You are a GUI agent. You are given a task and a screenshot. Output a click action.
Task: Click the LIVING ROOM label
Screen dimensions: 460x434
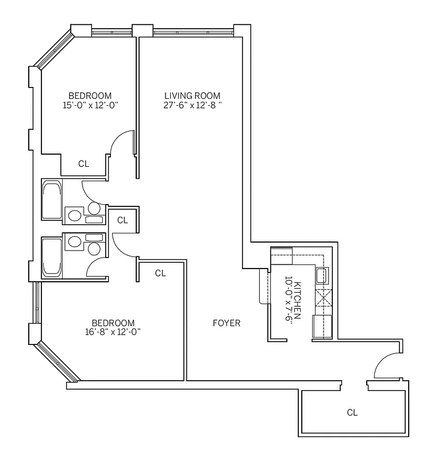click(192, 95)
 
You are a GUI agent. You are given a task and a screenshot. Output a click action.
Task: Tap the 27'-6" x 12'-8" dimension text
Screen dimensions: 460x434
click(192, 105)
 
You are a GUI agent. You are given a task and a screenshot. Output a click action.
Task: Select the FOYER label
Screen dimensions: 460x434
click(226, 323)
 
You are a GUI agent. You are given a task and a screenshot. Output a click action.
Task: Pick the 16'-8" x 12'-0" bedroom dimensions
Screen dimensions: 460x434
click(113, 332)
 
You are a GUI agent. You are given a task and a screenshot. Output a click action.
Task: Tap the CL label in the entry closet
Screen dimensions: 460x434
click(352, 412)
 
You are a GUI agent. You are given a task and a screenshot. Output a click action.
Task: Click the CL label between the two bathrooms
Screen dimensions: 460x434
click(122, 220)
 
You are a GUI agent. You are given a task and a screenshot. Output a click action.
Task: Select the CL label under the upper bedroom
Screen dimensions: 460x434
click(84, 164)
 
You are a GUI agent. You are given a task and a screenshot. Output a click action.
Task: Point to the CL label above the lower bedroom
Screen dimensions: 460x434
click(160, 273)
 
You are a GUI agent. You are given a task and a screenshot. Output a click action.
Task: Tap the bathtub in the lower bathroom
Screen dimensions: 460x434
click(52, 258)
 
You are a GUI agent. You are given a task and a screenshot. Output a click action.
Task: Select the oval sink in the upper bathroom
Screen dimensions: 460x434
click(74, 216)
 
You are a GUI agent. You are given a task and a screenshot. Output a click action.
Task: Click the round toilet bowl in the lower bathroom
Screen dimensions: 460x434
click(94, 248)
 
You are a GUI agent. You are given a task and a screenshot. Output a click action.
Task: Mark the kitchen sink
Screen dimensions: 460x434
click(322, 276)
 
